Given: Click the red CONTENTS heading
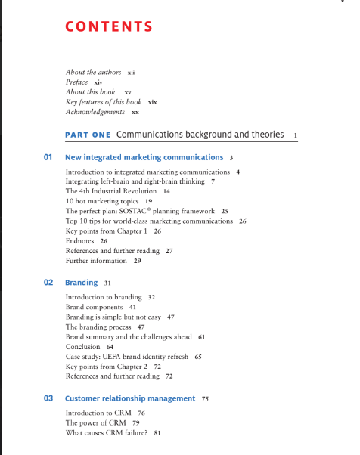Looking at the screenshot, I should coord(109,27).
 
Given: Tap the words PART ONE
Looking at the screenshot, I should coord(88,135).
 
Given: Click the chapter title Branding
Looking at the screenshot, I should coord(82,283).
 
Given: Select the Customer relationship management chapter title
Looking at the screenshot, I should coord(130,398).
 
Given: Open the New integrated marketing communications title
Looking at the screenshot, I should coord(144,158).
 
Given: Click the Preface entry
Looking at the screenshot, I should coord(77,82).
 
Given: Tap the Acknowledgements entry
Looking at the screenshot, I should coord(95,111).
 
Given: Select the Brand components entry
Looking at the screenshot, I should coord(95,308).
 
